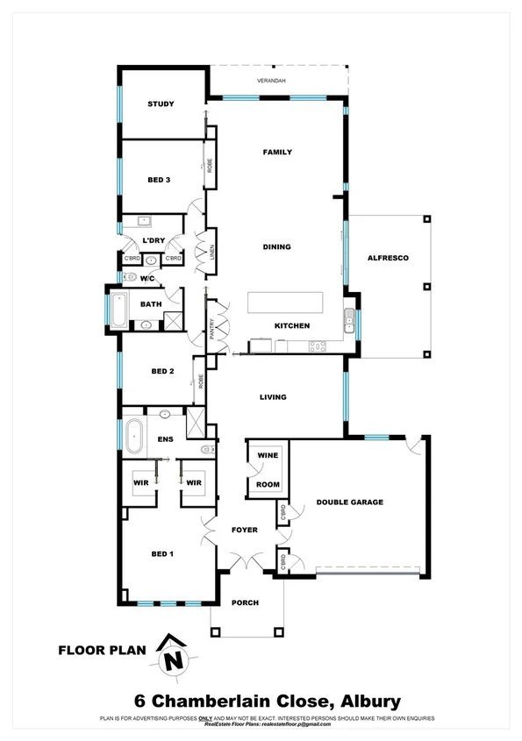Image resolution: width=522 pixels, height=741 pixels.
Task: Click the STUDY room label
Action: coord(161,104)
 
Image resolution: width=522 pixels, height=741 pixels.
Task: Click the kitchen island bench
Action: coord(285,303)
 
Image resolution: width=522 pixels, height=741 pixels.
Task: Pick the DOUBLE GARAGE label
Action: coord(350,502)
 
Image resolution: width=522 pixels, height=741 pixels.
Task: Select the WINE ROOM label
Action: coord(267,470)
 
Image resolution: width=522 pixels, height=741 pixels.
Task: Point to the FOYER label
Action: coord(244,531)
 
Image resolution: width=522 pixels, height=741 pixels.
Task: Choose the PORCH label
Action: coord(245,603)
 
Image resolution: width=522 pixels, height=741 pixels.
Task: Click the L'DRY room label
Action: coord(154,240)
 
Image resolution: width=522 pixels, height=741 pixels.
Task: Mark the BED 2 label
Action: coord(162,371)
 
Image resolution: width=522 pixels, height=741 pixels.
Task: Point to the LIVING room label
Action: coord(273,397)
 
